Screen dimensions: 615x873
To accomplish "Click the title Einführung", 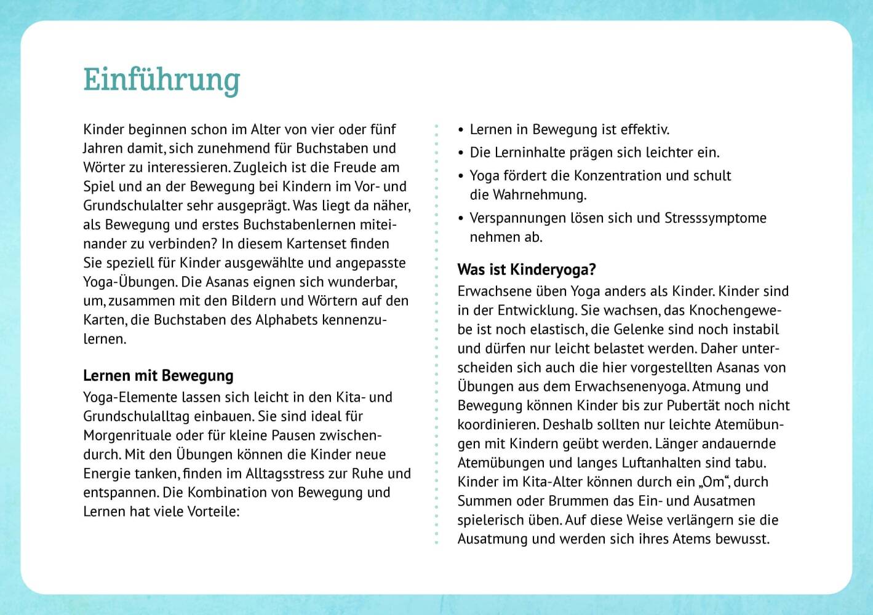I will (x=161, y=81).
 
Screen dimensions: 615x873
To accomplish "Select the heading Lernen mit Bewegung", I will (x=158, y=376).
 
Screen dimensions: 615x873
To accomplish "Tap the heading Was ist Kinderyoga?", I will (x=527, y=269).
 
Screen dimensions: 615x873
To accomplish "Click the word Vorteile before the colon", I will (x=211, y=512).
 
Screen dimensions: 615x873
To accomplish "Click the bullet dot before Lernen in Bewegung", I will (x=461, y=130).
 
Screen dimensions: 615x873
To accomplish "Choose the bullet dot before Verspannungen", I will (x=461, y=219).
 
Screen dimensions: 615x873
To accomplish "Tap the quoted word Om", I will (x=714, y=482).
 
